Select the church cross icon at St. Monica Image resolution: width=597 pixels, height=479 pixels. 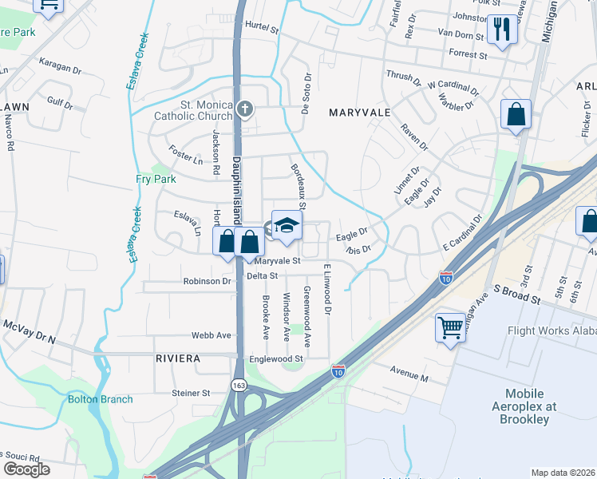245,108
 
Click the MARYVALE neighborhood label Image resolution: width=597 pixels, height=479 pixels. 360,113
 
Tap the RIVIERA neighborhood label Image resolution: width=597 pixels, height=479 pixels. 178,358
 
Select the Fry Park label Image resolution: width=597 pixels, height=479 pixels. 156,180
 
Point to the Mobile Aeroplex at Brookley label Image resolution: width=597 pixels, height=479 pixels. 525,406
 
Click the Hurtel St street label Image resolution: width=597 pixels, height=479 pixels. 261,27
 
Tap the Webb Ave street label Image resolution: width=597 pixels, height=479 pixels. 211,335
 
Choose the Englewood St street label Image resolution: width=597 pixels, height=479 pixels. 276,359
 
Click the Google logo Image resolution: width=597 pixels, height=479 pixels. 26,469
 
